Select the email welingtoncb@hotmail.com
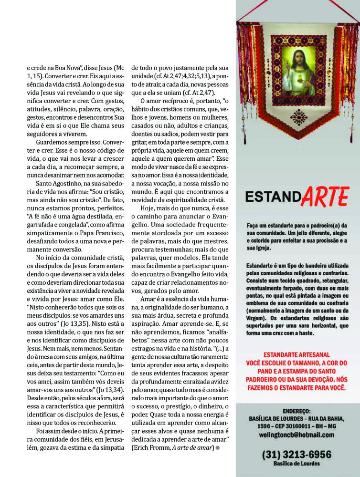pyautogui.click(x=296, y=435)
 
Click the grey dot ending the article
pyautogui.click(x=218, y=447)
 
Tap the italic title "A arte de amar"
pyautogui.click(x=192, y=447)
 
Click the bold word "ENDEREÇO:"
pyautogui.click(x=296, y=410)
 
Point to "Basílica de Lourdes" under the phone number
pyautogui.click(x=296, y=463)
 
